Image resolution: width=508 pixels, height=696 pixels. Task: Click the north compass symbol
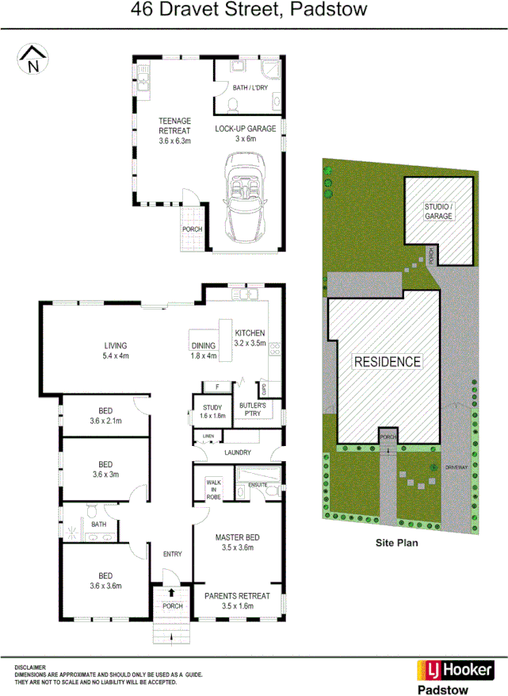coord(32,60)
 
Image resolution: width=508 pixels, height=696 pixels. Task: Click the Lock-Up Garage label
coord(245,133)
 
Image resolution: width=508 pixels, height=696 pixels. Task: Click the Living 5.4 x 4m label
coord(116,351)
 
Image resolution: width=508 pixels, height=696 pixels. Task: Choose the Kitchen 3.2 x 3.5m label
coord(250,338)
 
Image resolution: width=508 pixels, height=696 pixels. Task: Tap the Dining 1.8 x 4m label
coord(204,351)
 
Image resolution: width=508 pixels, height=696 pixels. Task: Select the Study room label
coord(212,411)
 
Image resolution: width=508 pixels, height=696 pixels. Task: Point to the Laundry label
coord(238,452)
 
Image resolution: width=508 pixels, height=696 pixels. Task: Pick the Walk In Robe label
coord(214,488)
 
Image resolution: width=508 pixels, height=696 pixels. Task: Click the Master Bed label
coord(238,542)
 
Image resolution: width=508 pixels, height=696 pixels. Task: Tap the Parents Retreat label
coord(238,600)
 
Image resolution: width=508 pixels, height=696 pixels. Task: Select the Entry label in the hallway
coord(172,554)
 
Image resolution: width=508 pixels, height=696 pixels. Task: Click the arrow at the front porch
coord(172,593)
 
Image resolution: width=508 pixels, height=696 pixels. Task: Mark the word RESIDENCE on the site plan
coord(387,362)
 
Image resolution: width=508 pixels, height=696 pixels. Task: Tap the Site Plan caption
coord(396,544)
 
